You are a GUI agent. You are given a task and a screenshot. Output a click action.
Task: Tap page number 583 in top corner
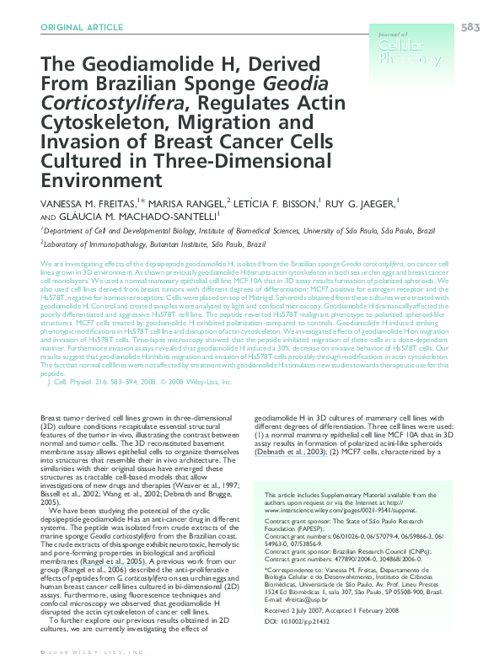click(x=470, y=28)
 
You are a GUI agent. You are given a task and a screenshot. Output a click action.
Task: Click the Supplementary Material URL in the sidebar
click(x=329, y=509)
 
